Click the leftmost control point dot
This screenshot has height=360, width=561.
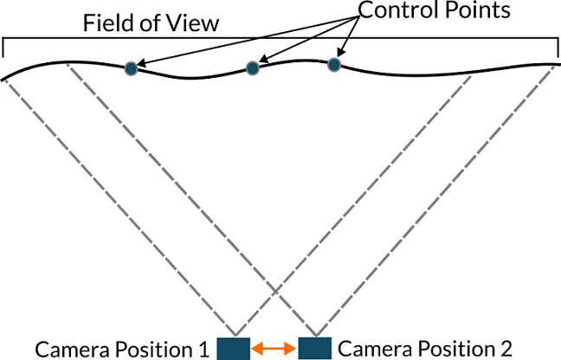pos(131,67)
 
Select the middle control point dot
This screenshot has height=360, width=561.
pos(253,67)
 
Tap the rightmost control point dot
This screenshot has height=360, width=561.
pos(333,64)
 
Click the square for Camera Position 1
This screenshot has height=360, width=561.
pos(233,348)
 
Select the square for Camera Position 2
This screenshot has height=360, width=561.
pos(314,348)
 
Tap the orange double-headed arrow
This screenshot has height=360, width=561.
pos(274,349)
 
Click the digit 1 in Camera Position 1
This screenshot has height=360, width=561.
pos(204,350)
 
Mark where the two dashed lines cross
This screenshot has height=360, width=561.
pos(274,297)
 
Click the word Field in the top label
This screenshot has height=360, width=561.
pos(102,22)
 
